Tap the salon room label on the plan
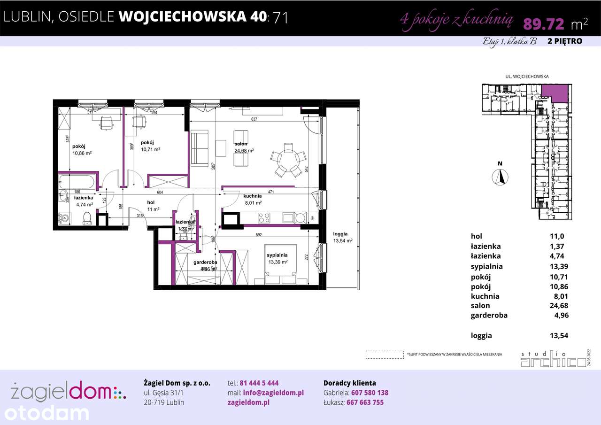[241, 144]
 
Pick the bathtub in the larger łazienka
[77, 181]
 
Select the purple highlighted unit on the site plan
[555, 93]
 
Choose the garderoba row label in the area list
[489, 316]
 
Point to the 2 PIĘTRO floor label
[565, 41]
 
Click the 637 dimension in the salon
[254, 119]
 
